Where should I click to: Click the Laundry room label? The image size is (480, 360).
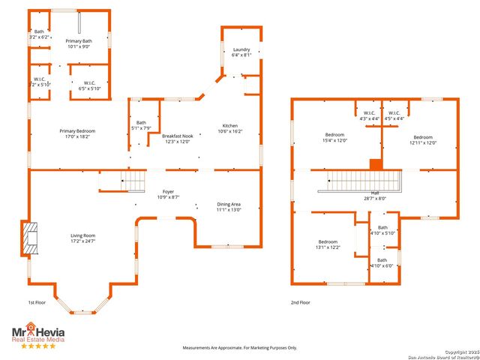coord(241,49)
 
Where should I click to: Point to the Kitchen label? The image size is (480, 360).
coord(229,125)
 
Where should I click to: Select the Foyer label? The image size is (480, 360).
coord(168,191)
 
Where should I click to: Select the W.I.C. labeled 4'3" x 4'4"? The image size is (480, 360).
coord(369,116)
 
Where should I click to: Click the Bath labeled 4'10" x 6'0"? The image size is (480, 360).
coord(382,262)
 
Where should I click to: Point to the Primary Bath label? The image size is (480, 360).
coord(77,43)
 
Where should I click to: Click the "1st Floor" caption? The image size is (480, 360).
coord(37,302)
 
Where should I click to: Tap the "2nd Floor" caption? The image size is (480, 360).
coord(300,302)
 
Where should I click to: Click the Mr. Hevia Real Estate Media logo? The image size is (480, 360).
coord(37,334)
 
